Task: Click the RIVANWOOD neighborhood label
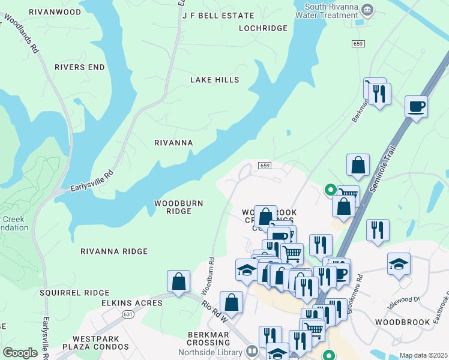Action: click(x=55, y=11)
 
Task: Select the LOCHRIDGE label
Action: click(x=264, y=28)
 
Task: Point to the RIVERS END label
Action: click(x=79, y=67)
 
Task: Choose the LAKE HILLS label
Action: click(x=215, y=80)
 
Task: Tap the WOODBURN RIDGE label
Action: click(x=179, y=207)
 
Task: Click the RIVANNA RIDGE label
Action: click(x=114, y=251)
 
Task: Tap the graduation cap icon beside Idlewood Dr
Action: click(x=399, y=264)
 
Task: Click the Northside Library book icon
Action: click(x=252, y=351)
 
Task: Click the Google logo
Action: click(x=20, y=353)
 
